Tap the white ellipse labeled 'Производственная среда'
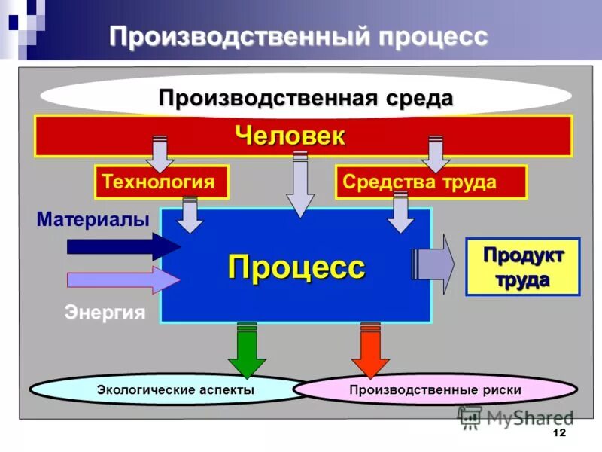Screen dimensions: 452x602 coord(306,98)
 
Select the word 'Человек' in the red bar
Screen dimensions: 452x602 coord(290,136)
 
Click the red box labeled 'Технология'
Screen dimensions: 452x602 coord(162,182)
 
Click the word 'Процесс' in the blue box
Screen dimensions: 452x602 coord(296,267)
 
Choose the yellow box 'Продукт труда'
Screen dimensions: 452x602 coord(522,267)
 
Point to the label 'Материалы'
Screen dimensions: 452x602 coord(93,219)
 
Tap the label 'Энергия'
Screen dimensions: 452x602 coord(105,312)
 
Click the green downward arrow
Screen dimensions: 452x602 coord(247,350)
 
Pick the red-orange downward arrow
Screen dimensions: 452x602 coord(371,350)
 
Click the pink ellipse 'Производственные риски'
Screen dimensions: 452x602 coord(435,390)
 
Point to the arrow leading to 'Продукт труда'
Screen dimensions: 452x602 coord(435,264)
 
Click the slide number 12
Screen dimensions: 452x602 coord(558,433)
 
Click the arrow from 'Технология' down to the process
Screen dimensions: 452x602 coord(190,215)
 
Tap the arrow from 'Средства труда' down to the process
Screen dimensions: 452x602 coord(400,213)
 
